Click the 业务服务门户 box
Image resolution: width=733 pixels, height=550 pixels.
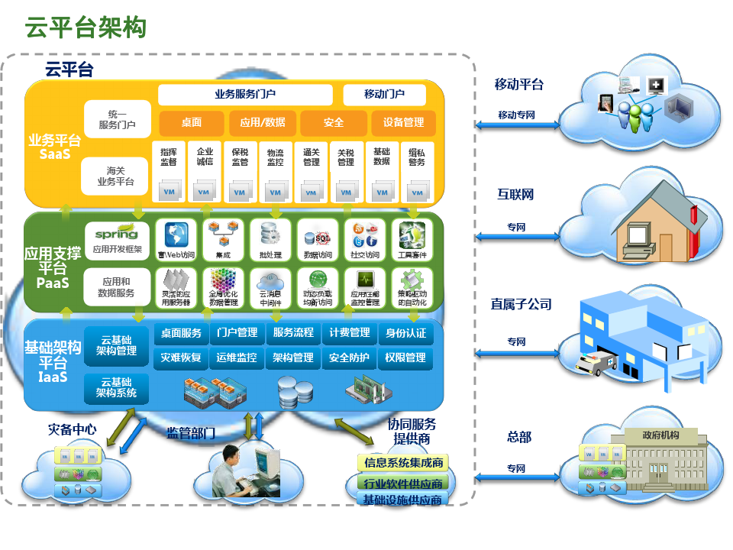click(245, 95)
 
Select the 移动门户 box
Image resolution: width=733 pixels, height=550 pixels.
click(384, 95)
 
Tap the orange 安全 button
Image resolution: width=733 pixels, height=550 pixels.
click(334, 122)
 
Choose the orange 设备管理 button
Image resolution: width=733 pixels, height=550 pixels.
click(403, 122)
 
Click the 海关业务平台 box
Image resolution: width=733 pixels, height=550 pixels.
click(115, 176)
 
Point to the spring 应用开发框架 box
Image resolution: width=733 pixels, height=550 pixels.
click(116, 238)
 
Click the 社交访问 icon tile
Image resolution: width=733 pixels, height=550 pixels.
click(364, 239)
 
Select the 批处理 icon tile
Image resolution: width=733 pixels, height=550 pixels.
click(271, 239)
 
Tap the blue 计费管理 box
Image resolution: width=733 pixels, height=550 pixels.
click(349, 333)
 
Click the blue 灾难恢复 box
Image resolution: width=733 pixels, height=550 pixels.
click(181, 357)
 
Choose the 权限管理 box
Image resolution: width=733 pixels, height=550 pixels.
click(405, 357)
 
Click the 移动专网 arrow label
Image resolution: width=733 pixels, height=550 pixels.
click(516, 115)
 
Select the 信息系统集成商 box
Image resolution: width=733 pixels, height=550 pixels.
click(403, 462)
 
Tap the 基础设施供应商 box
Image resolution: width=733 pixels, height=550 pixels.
click(403, 500)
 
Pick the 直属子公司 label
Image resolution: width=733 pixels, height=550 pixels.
click(521, 304)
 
